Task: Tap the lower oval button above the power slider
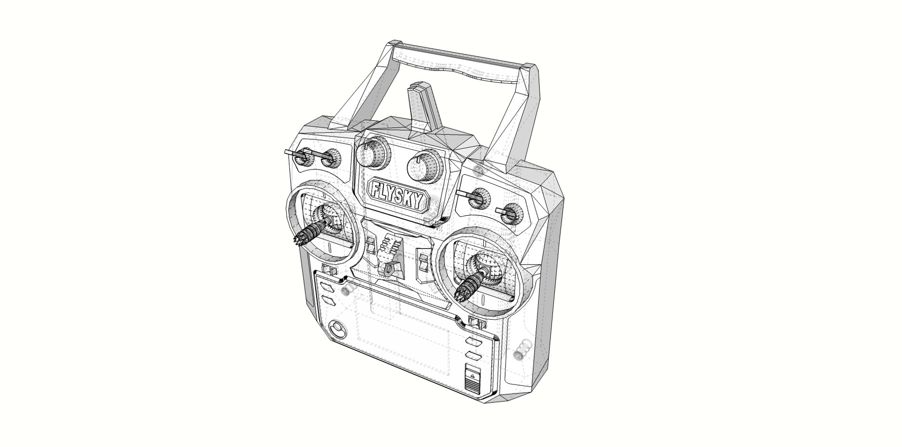click(x=472, y=353)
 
